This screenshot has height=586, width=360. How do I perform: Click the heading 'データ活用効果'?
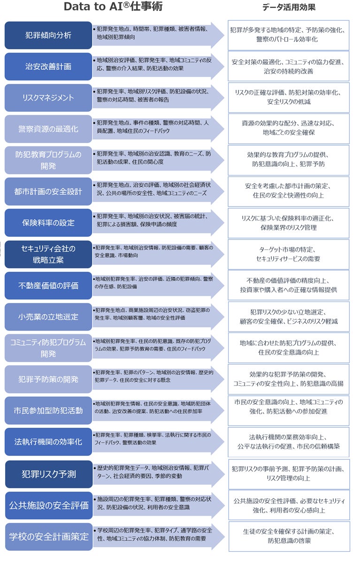point(289,7)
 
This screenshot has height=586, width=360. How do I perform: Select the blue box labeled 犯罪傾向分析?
point(48,35)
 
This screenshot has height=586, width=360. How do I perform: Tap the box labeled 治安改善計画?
point(48,67)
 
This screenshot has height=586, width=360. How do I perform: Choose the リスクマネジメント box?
point(48,98)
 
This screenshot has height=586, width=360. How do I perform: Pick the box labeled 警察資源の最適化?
point(48,129)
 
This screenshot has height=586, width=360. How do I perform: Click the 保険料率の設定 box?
point(48,223)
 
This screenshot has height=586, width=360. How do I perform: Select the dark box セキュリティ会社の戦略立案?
point(48,254)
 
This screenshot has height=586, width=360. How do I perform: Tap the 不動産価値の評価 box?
point(48,285)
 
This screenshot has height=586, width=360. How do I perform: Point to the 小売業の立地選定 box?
point(48,316)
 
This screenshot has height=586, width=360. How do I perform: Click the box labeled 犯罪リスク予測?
point(48,474)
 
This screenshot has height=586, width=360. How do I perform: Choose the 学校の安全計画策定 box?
point(48,536)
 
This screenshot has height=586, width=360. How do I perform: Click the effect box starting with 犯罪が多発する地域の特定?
point(289,35)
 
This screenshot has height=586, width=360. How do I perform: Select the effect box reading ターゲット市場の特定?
point(289,254)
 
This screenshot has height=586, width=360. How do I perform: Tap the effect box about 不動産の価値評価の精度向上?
point(289,285)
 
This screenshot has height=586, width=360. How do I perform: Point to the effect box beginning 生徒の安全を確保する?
point(289,536)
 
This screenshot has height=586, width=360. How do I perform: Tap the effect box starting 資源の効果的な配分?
point(289,129)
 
